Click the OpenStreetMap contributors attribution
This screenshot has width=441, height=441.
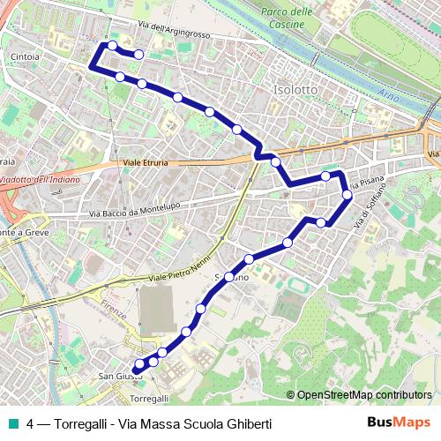[359, 394]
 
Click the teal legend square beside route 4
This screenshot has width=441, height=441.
[14, 423]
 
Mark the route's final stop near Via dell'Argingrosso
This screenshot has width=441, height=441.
[138, 55]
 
